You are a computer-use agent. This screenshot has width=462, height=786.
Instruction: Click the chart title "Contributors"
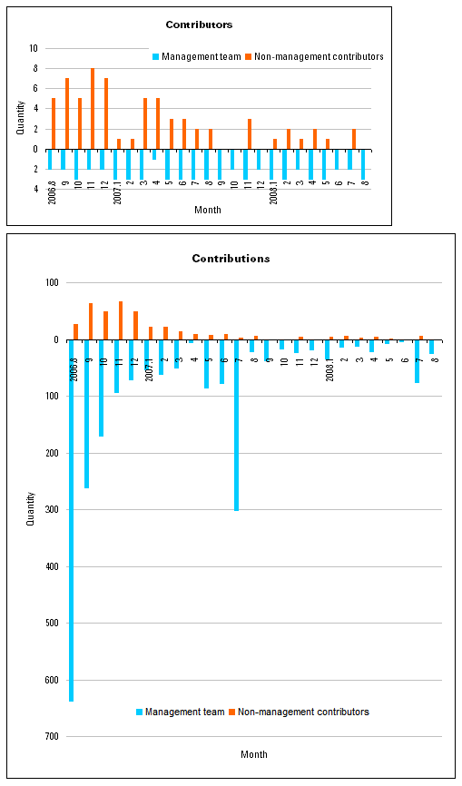198,25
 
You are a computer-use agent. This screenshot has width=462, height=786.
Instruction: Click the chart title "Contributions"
231,259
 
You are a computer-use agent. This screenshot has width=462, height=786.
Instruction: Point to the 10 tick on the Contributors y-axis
34,48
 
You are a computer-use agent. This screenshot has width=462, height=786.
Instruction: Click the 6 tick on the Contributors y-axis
34,89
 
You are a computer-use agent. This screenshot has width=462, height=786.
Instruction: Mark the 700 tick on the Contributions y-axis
51,736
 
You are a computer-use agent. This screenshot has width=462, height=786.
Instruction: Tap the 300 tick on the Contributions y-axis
51,510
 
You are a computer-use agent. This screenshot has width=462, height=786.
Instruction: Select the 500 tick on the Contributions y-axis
51,623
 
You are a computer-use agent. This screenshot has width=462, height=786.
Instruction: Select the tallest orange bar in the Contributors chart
93,109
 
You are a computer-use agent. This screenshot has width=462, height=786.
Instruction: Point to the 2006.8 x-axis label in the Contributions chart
74,360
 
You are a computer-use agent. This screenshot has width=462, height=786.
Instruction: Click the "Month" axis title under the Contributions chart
254,754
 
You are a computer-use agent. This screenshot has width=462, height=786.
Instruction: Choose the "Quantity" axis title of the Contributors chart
21,118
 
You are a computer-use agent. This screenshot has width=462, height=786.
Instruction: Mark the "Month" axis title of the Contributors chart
207,210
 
